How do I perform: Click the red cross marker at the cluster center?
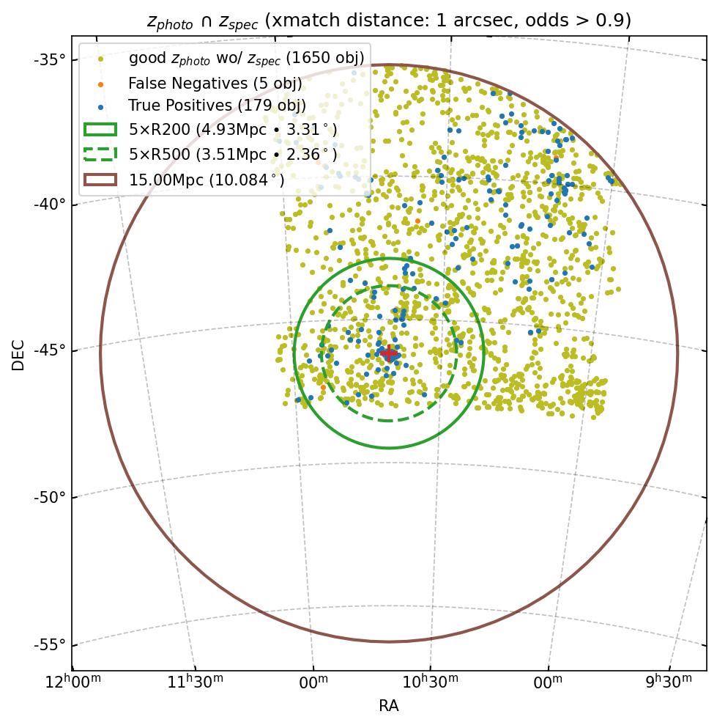388,353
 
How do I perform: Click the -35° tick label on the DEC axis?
50,59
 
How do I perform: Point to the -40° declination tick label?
50,204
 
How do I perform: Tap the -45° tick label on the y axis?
50,350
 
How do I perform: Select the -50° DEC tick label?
50,498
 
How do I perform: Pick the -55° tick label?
50,644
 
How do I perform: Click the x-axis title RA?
389,706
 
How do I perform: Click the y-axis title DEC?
18,355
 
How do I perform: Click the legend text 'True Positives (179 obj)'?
217,106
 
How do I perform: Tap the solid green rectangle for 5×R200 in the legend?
100,130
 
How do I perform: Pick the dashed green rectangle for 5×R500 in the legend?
100,154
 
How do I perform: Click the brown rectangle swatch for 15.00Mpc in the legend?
100,179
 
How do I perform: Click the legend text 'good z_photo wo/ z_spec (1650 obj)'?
246,59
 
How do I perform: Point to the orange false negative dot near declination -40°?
417,221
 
